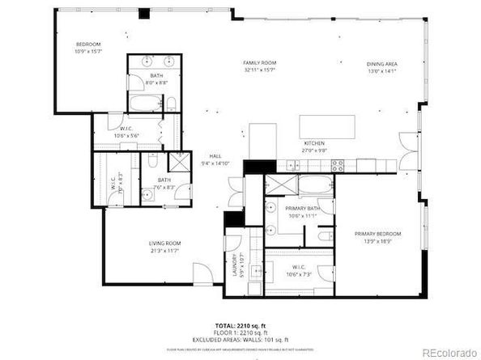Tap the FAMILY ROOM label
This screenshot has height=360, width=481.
pyautogui.click(x=260, y=62)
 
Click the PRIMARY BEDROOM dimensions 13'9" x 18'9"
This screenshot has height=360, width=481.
pyautogui.click(x=377, y=241)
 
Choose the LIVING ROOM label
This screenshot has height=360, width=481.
pyautogui.click(x=164, y=243)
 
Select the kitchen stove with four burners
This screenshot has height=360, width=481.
pyautogui.click(x=338, y=164)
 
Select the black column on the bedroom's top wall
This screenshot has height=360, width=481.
pyautogui.click(x=144, y=13)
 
